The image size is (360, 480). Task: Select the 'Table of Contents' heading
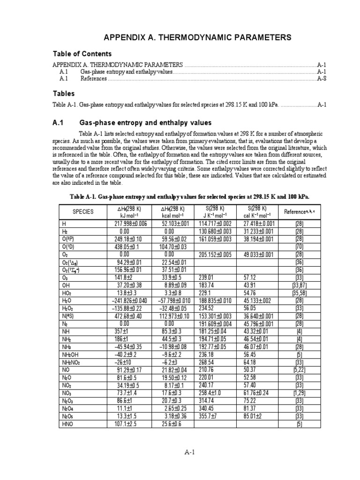82,54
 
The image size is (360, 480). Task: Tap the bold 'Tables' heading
63,94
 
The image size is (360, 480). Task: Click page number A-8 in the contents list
322,79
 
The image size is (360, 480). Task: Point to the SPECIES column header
83,211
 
